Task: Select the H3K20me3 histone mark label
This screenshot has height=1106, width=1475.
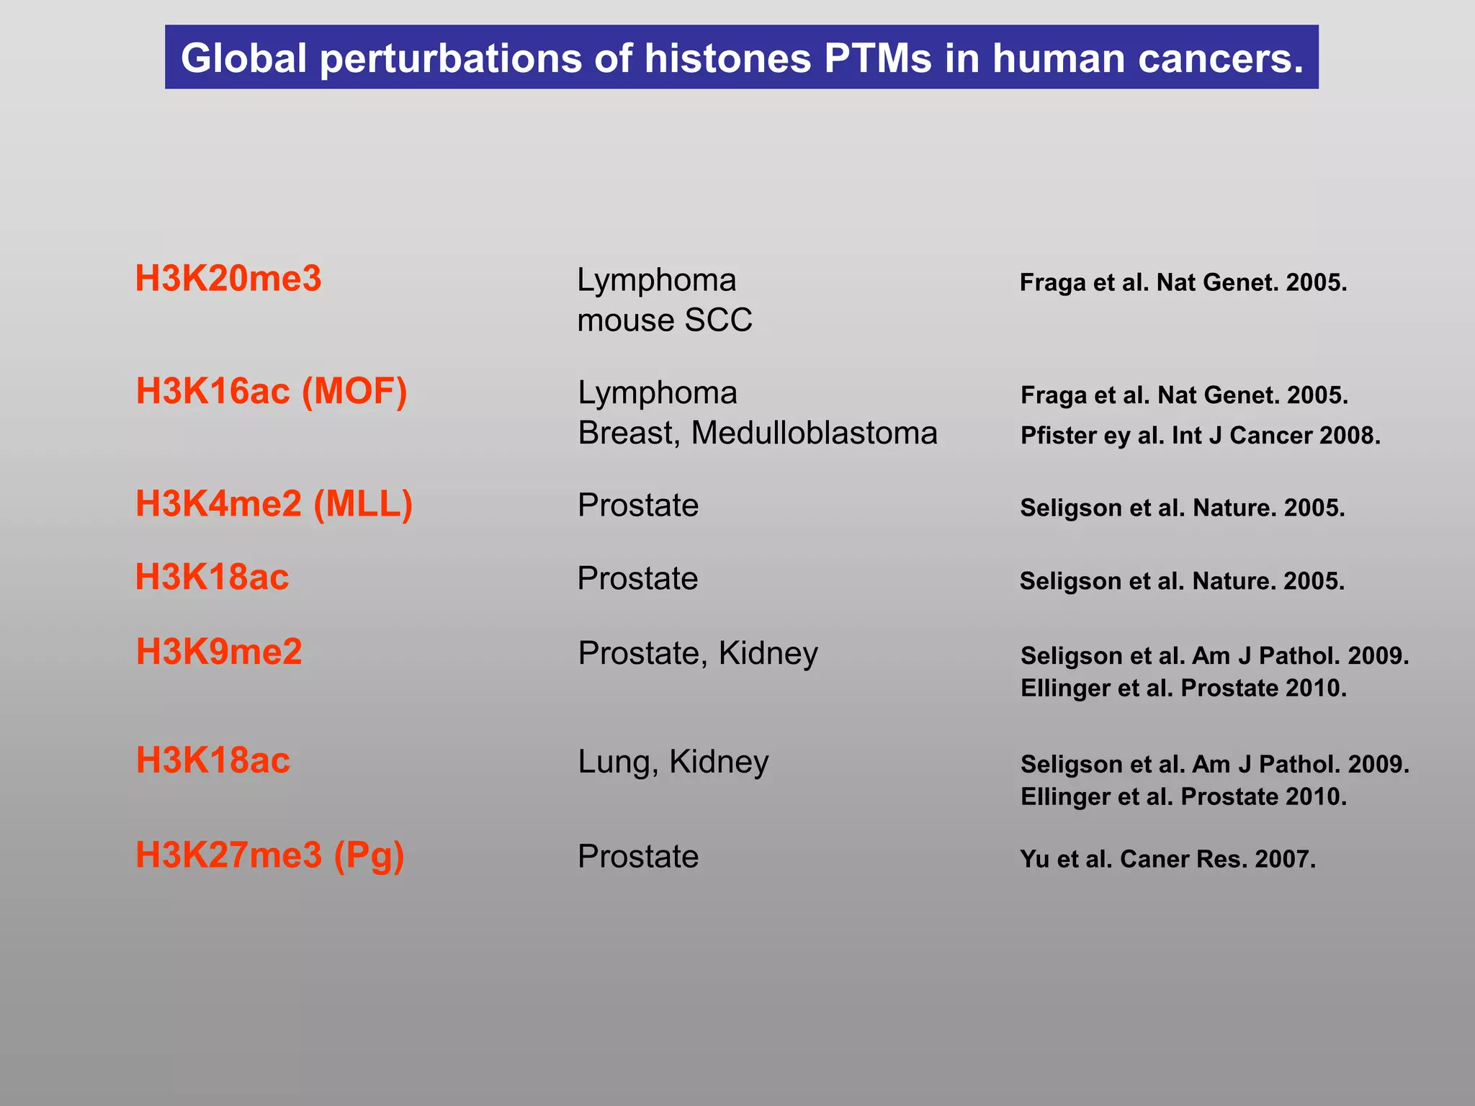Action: [228, 279]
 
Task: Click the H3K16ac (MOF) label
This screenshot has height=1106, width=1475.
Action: [272, 391]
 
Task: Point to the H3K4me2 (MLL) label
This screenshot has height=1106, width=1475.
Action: [274, 503]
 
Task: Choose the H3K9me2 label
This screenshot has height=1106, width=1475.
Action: [219, 652]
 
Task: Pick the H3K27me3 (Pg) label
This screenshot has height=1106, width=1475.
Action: [270, 855]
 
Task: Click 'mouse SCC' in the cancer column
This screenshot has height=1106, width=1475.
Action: [664, 320]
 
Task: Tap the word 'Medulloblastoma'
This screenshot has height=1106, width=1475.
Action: [814, 433]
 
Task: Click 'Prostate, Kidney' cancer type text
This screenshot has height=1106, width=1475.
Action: [697, 653]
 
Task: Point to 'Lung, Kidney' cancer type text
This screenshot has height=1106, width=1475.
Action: [673, 762]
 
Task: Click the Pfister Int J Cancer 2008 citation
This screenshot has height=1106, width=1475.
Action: [1200, 436]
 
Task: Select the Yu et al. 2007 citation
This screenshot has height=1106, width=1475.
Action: [1167, 859]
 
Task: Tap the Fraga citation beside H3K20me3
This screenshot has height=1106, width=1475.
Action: [1183, 282]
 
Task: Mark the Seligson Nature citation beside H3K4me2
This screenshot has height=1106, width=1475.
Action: [1182, 508]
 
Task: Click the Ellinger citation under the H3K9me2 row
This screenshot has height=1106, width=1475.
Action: [1183, 688]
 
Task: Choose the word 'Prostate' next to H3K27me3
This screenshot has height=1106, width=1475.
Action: [638, 857]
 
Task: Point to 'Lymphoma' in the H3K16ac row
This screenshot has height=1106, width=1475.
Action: [658, 393]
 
